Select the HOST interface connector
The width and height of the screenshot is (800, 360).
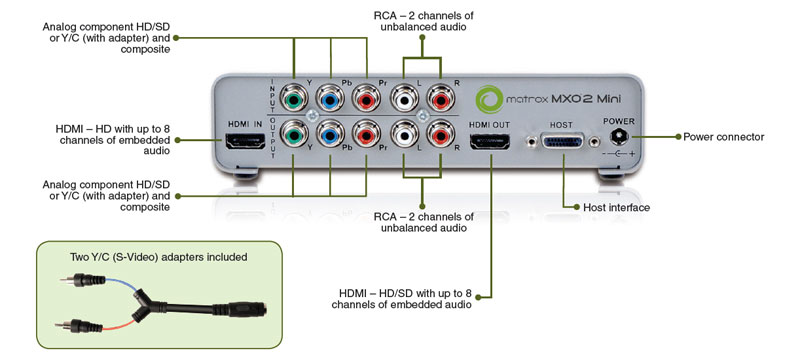[563, 142]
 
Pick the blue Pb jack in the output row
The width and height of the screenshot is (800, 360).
[330, 135]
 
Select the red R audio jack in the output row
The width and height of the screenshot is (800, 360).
[440, 135]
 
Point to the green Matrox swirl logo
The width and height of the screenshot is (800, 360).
[489, 98]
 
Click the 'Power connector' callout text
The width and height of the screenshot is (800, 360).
[723, 137]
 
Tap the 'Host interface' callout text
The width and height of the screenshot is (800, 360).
[616, 208]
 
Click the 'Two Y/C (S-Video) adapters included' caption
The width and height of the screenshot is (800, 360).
[159, 257]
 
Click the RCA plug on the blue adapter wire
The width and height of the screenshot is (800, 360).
[82, 279]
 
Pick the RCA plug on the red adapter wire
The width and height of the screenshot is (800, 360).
[80, 326]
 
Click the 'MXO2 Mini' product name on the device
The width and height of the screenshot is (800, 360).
[586, 99]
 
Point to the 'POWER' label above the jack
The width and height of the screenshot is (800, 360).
[619, 121]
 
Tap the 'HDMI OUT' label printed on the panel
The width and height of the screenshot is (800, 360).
[489, 125]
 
